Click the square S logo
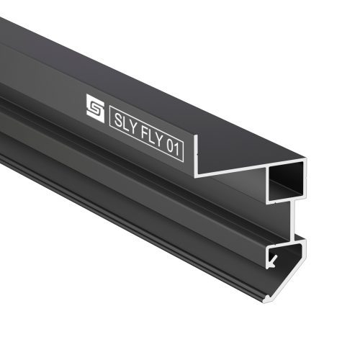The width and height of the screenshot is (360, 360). pyautogui.click(x=95, y=108)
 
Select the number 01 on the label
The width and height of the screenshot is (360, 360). pyautogui.click(x=173, y=147)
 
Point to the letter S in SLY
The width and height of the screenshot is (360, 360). pyautogui.click(x=118, y=120)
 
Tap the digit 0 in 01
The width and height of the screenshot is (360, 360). pyautogui.click(x=170, y=145)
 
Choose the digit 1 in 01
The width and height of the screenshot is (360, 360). pyautogui.click(x=177, y=149)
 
